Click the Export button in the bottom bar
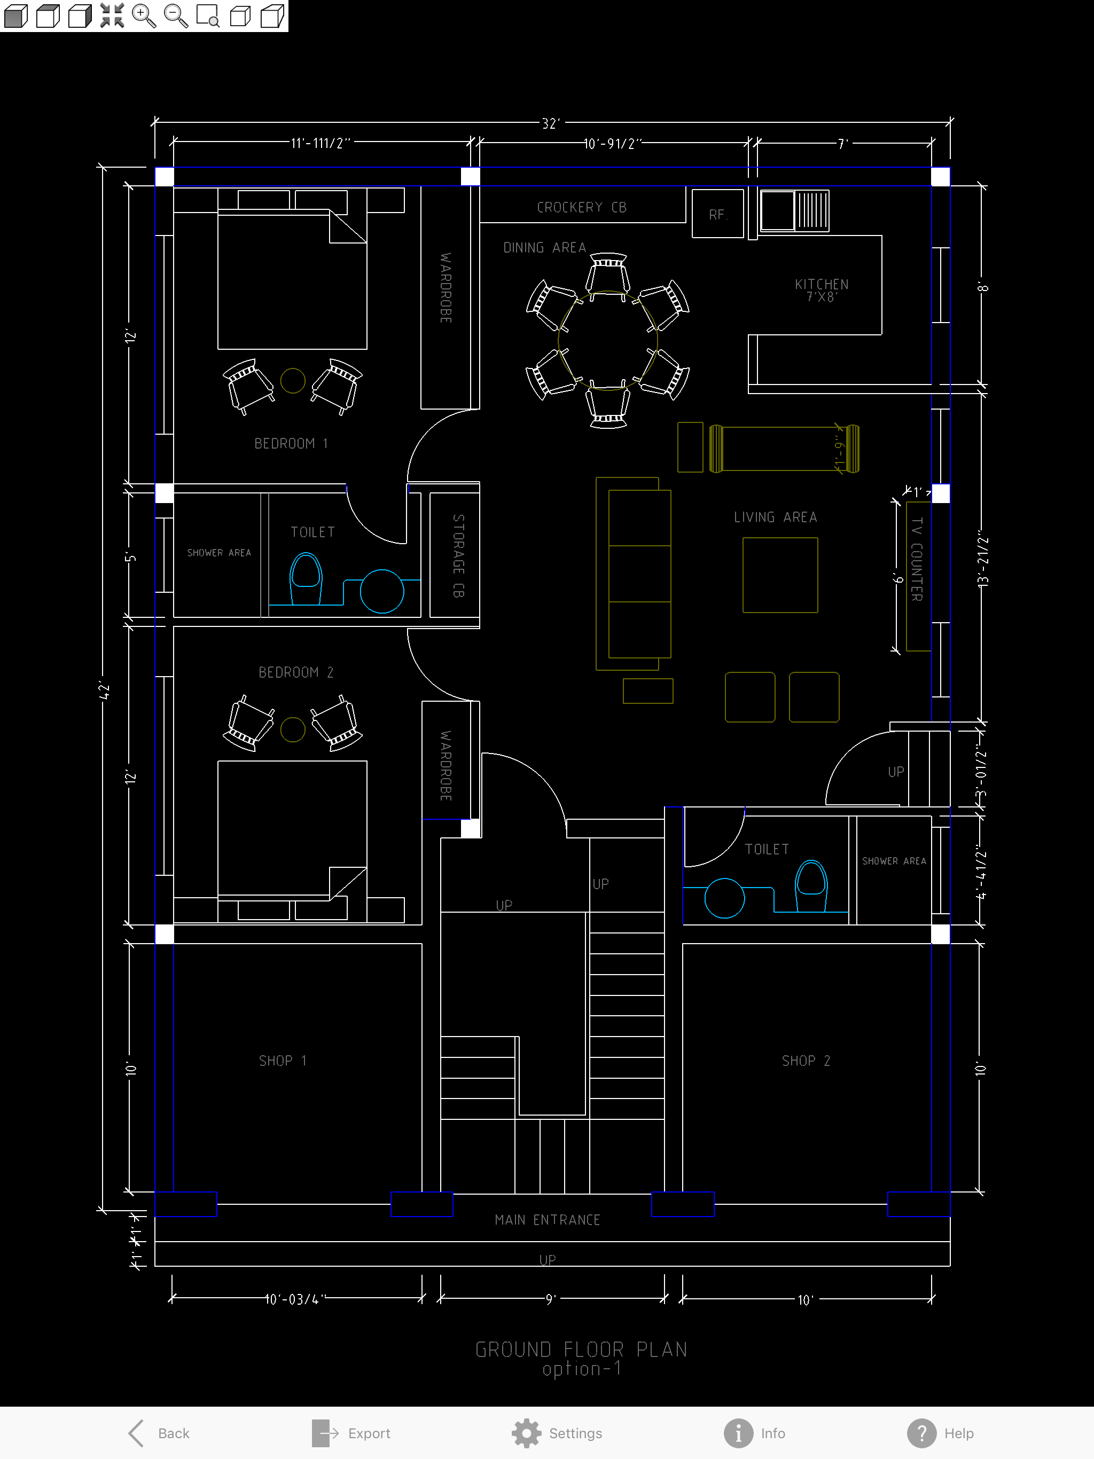click(x=351, y=1433)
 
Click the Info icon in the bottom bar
click(x=738, y=1433)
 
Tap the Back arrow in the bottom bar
click(x=136, y=1433)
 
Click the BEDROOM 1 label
click(x=291, y=443)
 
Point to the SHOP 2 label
click(x=806, y=1061)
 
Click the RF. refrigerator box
click(x=718, y=213)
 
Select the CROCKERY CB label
click(x=581, y=207)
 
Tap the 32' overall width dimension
click(x=550, y=123)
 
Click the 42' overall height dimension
click(x=104, y=691)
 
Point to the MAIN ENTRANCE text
click(x=548, y=1220)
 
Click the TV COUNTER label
click(x=917, y=559)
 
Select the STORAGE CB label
click(x=458, y=555)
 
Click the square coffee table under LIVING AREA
click(x=780, y=575)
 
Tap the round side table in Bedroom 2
click(x=292, y=729)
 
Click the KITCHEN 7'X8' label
click(x=822, y=290)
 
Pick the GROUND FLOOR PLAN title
click(x=581, y=1350)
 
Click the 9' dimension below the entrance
click(x=550, y=1299)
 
